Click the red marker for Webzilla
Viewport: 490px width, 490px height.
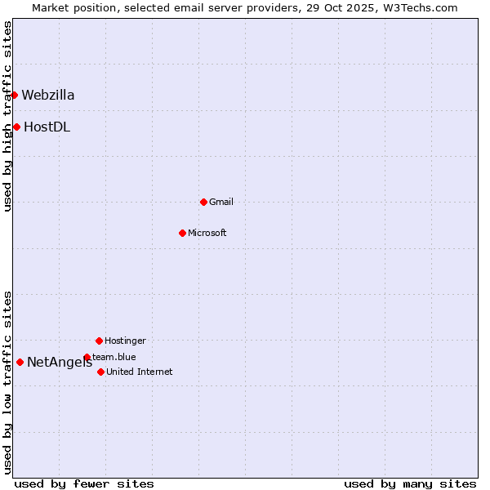click(14, 95)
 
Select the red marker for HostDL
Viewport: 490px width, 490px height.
click(16, 127)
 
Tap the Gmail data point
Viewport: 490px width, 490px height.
click(203, 202)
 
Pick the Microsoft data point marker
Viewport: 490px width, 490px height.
click(182, 233)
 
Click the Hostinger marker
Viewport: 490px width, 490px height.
click(99, 341)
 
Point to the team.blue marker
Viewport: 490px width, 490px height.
click(87, 357)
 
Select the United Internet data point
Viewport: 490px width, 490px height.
click(100, 372)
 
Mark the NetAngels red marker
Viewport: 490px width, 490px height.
click(20, 362)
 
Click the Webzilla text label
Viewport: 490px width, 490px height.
click(48, 96)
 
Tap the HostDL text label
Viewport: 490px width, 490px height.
click(47, 127)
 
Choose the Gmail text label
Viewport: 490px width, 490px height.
click(221, 203)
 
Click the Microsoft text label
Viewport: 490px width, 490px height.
click(207, 234)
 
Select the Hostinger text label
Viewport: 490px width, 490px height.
click(125, 341)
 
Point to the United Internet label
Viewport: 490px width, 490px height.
click(140, 372)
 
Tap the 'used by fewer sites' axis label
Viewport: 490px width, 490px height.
click(84, 483)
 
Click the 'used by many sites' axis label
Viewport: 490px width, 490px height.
click(410, 483)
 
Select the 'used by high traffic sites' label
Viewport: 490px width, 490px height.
click(7, 117)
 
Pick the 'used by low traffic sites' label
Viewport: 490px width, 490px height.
click(7, 382)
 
